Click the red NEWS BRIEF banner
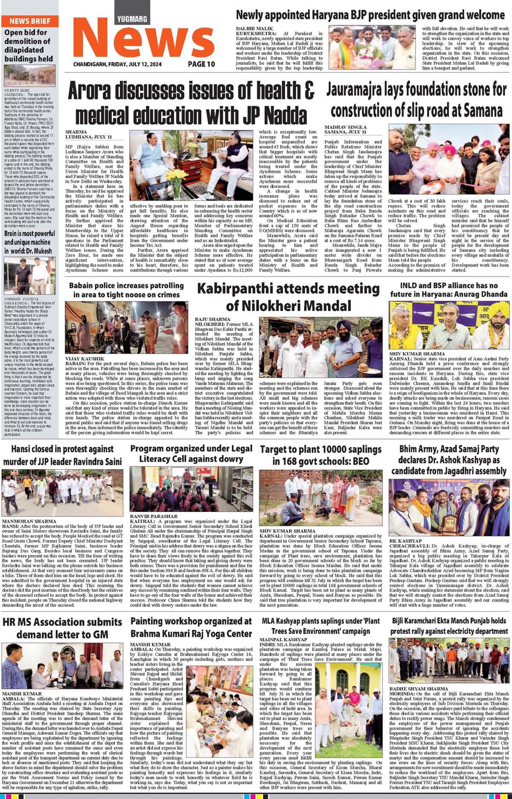29,21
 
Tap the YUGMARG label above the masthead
132,19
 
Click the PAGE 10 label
202,64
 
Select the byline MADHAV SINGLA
345,127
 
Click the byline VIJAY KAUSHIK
84,359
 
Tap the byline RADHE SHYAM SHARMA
412,689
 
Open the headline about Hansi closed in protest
63,455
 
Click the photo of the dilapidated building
29,75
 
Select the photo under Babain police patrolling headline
126,327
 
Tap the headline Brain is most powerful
30,242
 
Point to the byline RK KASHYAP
405,541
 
